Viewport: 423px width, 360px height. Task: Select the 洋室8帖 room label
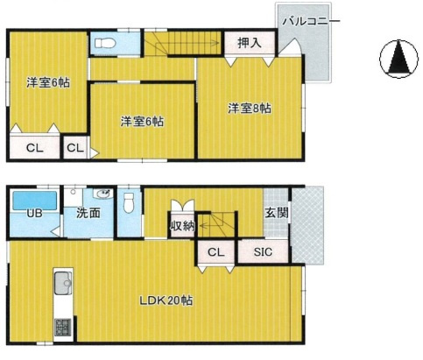pyautogui.click(x=250, y=109)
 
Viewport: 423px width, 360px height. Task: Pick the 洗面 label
pyautogui.click(x=87, y=214)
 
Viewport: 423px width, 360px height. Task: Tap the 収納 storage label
pyautogui.click(x=182, y=227)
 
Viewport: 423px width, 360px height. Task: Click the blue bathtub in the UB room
pyautogui.click(x=34, y=200)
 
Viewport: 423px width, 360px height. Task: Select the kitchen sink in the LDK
pyautogui.click(x=64, y=284)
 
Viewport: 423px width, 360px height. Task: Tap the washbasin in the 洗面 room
pyautogui.click(x=102, y=195)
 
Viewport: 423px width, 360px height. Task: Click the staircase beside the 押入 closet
pyautogui.click(x=182, y=42)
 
